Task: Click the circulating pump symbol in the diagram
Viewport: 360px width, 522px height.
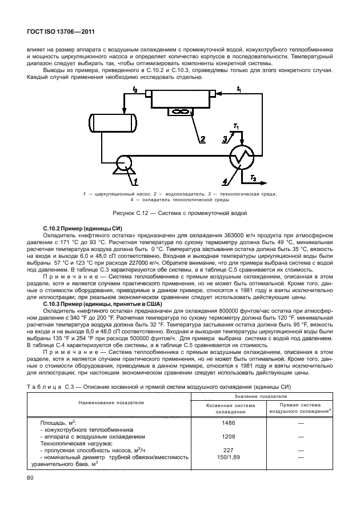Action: pos(123,164)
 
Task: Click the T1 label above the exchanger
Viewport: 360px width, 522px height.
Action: pos(236,126)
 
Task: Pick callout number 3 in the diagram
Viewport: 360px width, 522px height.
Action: pos(225,139)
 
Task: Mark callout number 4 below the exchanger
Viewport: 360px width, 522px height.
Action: pos(225,182)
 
